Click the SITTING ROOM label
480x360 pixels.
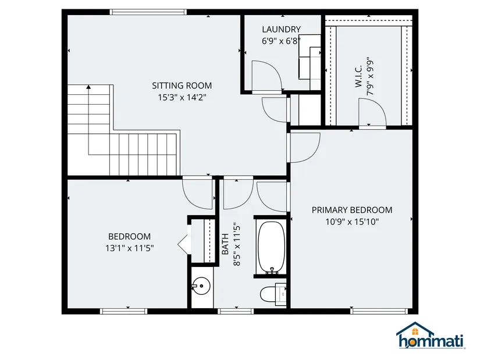[x=182, y=85]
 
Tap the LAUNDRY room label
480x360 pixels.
[x=282, y=30]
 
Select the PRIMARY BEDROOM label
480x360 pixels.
[x=352, y=210]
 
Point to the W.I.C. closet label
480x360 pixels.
[x=359, y=76]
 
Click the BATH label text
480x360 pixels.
[x=225, y=244]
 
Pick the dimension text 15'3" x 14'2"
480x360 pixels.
[x=182, y=98]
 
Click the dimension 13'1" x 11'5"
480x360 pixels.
[x=130, y=248]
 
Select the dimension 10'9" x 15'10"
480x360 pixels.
[x=352, y=222]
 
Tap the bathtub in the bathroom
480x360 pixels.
[x=271, y=247]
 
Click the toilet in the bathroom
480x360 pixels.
[x=273, y=294]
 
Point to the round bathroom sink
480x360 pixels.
[x=201, y=287]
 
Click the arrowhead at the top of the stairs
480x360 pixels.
[x=89, y=87]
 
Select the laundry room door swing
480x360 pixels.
[x=266, y=75]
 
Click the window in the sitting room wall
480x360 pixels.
[x=148, y=12]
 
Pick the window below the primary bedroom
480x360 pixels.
[x=379, y=311]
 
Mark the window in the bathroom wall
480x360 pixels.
[x=236, y=311]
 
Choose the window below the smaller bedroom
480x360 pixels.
[x=124, y=311]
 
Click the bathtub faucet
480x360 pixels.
[x=272, y=270]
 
